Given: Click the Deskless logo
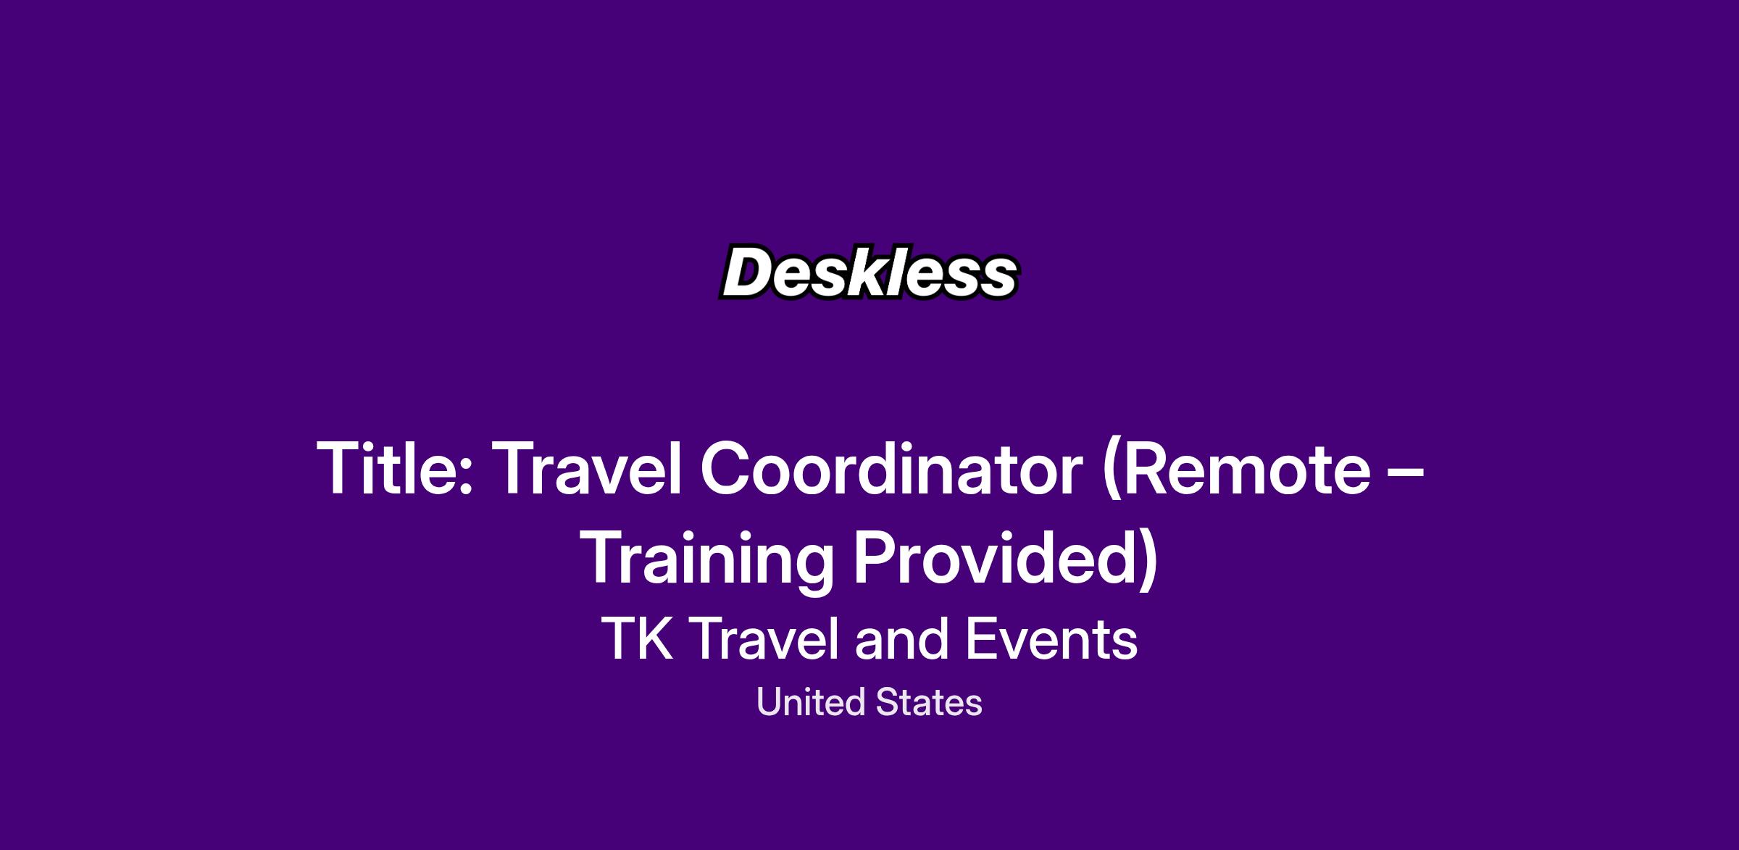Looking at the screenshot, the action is pyautogui.click(x=869, y=272).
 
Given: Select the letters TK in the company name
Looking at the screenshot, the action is pyautogui.click(x=638, y=639).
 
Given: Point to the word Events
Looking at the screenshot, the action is pyautogui.click(x=1051, y=639).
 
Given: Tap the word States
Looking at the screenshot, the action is pyautogui.click(x=929, y=703).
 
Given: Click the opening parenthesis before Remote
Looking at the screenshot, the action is pyautogui.click(x=1109, y=472).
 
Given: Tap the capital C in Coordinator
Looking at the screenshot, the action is pyautogui.click(x=727, y=469).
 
